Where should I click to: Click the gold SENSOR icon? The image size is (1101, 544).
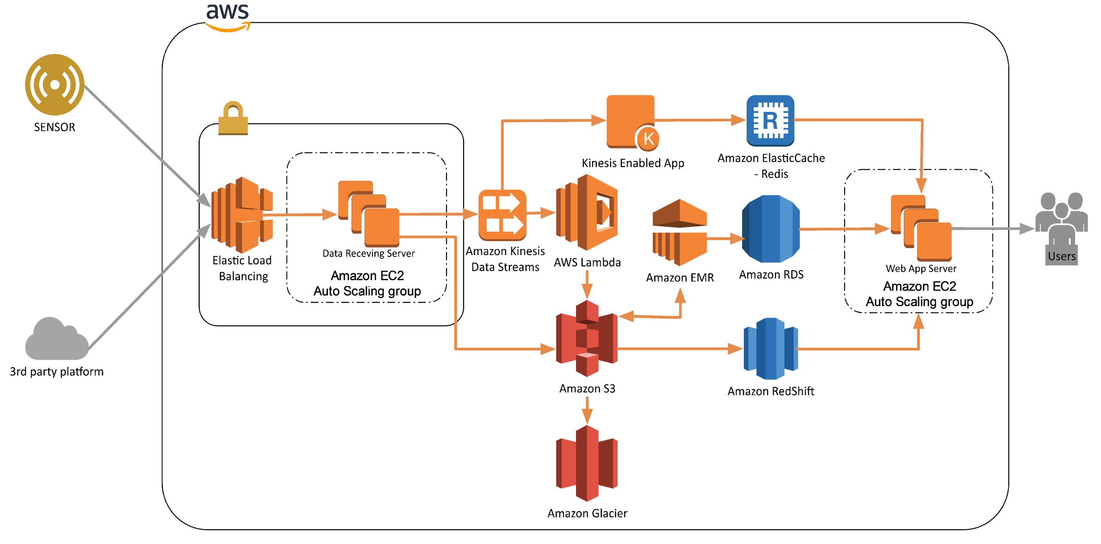click(x=54, y=84)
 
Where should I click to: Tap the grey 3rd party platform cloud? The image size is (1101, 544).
click(x=57, y=340)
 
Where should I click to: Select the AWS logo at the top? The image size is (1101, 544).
click(x=228, y=16)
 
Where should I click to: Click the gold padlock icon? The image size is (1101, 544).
click(x=233, y=119)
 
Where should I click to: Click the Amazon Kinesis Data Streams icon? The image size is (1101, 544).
click(x=502, y=215)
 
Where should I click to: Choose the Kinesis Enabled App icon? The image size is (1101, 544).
click(x=631, y=121)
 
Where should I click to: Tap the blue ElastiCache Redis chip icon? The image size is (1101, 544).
click(x=770, y=120)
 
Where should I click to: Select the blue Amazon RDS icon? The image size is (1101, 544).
click(x=771, y=229)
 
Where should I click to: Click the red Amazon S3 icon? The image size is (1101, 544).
click(x=587, y=338)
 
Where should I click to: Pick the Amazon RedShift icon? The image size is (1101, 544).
click(x=771, y=349)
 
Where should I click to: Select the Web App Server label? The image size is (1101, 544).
click(x=921, y=268)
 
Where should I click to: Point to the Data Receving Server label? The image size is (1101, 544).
click(x=368, y=253)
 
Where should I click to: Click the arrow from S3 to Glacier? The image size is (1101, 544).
click(x=587, y=410)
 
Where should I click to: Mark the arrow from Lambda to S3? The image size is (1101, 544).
click(x=587, y=285)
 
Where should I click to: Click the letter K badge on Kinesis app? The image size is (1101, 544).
click(x=648, y=139)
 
